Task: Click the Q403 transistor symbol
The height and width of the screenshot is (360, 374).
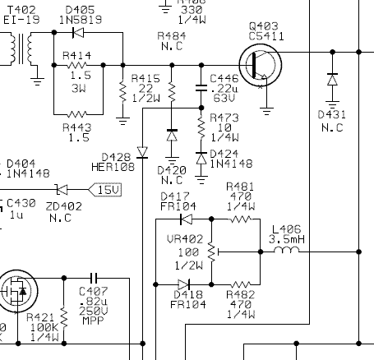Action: pyautogui.click(x=261, y=65)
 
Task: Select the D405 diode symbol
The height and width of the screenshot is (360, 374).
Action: pyautogui.click(x=78, y=33)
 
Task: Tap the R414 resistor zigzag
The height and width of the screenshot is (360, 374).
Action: pyautogui.click(x=77, y=65)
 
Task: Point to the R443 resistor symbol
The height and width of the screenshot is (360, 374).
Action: pyautogui.click(x=78, y=114)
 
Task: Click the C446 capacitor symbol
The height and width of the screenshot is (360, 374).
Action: pyautogui.click(x=201, y=88)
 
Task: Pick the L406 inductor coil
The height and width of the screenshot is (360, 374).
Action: pyautogui.click(x=287, y=250)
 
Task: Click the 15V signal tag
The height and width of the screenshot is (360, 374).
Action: pyautogui.click(x=105, y=190)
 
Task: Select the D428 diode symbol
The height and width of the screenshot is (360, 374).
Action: pyautogui.click(x=142, y=153)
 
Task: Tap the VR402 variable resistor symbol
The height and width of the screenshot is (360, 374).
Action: pyautogui.click(x=213, y=252)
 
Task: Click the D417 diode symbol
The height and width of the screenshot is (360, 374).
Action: pyautogui.click(x=186, y=219)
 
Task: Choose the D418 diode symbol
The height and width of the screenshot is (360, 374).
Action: pyautogui.click(x=184, y=284)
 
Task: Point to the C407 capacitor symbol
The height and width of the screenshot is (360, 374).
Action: pyautogui.click(x=94, y=279)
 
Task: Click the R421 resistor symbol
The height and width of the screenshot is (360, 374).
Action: pyautogui.click(x=64, y=317)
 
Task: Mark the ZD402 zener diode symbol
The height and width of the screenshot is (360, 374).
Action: pyautogui.click(x=62, y=190)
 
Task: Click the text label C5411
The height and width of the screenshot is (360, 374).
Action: pyautogui.click(x=266, y=36)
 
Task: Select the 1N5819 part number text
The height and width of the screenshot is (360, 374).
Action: pyautogui.click(x=81, y=20)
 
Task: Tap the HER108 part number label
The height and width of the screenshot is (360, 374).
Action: pyautogui.click(x=113, y=167)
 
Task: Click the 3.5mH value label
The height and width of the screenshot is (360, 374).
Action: pyautogui.click(x=287, y=239)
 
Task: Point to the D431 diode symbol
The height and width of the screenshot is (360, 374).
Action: pyautogui.click(x=332, y=80)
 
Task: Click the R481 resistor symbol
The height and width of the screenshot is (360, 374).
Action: pyautogui.click(x=241, y=219)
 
